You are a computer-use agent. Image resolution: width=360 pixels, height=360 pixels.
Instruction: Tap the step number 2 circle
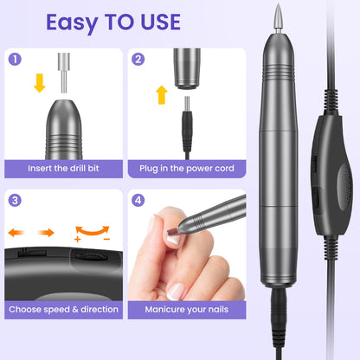[138, 60]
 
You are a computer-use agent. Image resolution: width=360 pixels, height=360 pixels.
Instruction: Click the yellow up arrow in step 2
[160, 96]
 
